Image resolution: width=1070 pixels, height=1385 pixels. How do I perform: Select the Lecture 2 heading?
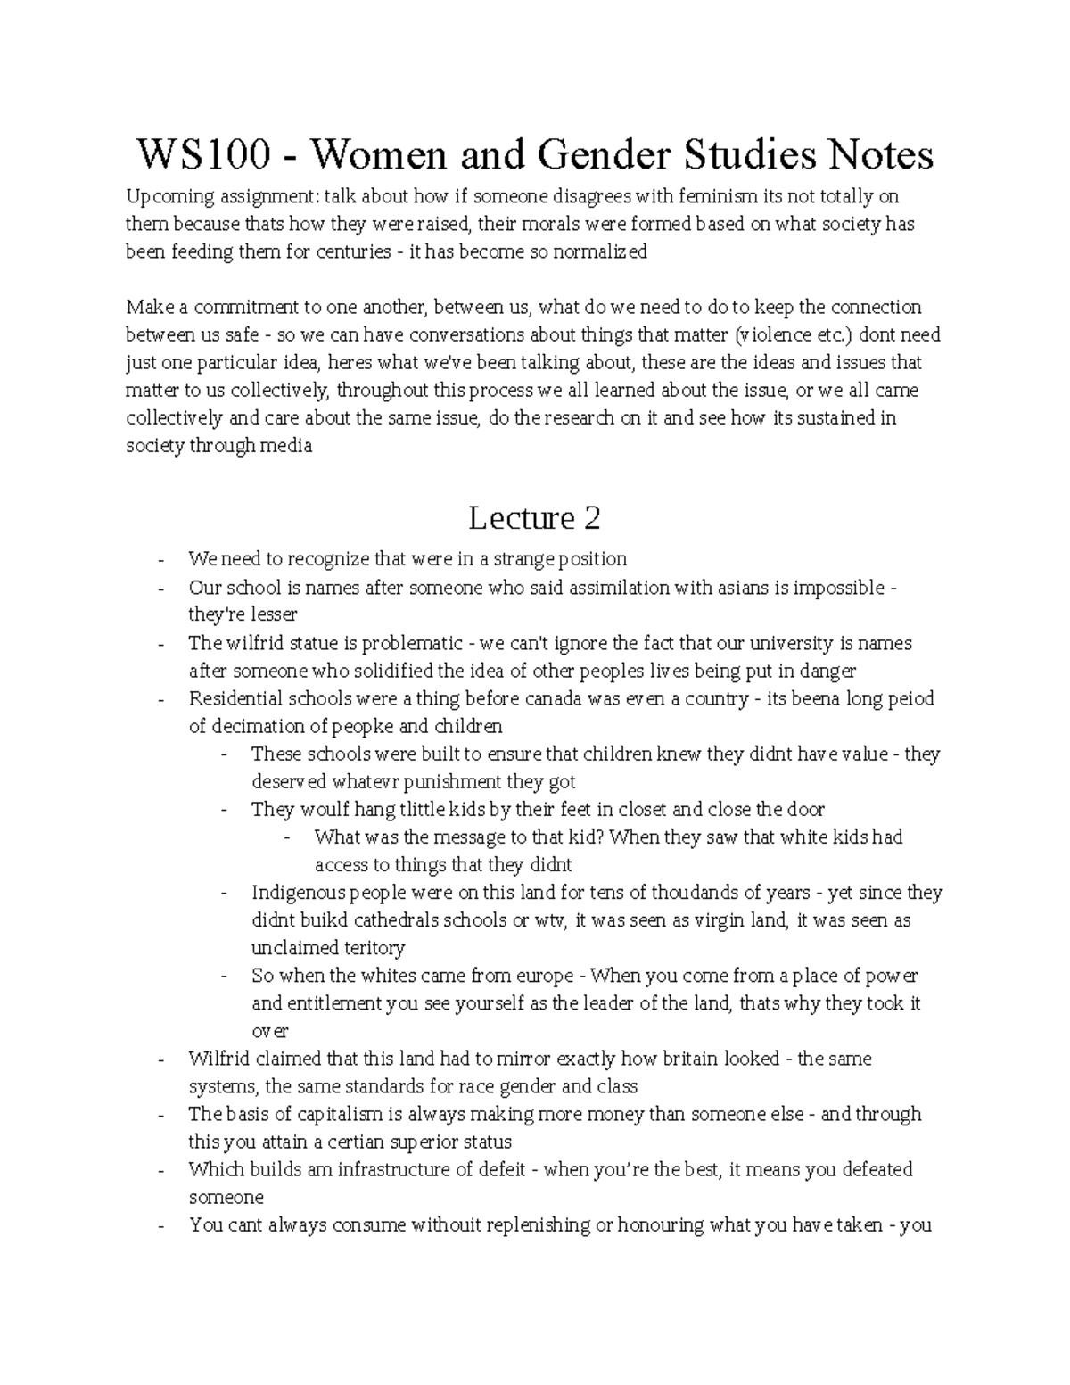(534, 517)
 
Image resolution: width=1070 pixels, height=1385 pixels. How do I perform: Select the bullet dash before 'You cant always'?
(160, 1225)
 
